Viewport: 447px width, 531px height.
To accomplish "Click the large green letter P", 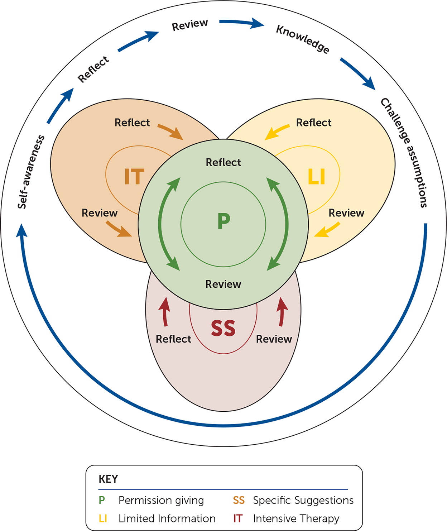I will (223, 221).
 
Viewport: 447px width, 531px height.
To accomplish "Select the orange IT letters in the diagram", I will (134, 177).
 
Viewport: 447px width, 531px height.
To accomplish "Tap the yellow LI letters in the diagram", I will (317, 177).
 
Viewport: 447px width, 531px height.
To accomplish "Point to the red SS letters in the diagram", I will (223, 328).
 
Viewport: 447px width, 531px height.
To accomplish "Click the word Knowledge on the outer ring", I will (303, 39).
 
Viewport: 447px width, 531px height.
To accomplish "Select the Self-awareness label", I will (32, 172).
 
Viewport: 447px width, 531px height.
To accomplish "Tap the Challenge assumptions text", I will (404, 152).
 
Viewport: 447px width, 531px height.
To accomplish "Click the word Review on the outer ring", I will (190, 25).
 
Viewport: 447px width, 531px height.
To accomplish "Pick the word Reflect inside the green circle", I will (223, 162).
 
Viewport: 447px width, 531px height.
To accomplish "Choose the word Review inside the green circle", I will (223, 284).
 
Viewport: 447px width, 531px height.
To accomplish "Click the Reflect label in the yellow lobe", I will (313, 123).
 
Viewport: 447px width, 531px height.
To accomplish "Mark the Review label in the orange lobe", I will (100, 213).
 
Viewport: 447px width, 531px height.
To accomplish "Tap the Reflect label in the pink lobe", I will (173, 339).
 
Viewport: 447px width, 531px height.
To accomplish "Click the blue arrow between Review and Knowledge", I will (242, 24).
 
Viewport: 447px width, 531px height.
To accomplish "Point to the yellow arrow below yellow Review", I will (327, 230).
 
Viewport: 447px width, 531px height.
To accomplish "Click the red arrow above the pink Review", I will (282, 312).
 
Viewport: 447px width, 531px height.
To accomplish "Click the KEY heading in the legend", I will (108, 479).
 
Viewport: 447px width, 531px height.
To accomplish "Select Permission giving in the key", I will (161, 500).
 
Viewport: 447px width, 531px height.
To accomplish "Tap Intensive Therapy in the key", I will (296, 518).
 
